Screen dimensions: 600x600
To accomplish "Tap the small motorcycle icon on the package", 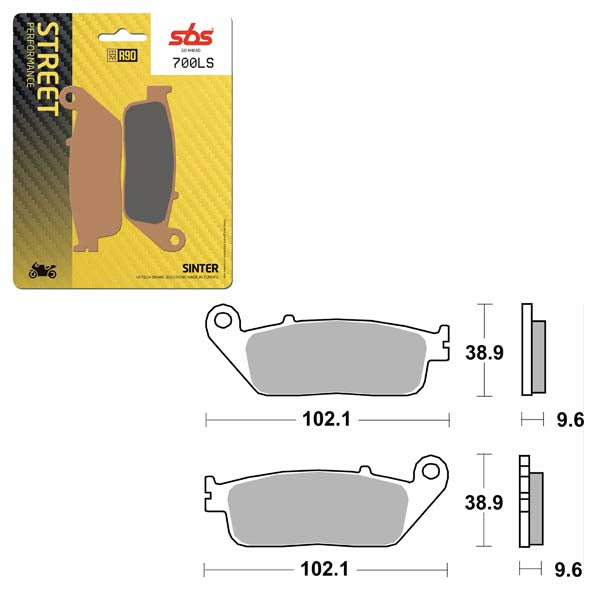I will tap(43, 270).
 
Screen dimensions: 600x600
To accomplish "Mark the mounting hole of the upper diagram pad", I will tap(223, 320).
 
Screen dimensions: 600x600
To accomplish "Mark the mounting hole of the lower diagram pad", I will tap(432, 469).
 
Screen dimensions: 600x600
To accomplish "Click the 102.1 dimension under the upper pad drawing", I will tap(326, 421).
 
